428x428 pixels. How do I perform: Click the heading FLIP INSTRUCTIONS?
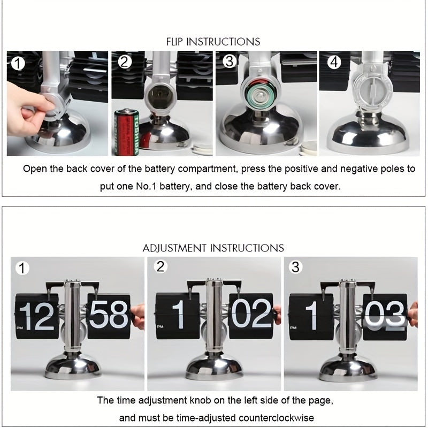[x=213, y=41]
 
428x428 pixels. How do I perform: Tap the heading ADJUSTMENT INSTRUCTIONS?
[x=213, y=248]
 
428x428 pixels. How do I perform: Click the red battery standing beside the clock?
[x=127, y=132]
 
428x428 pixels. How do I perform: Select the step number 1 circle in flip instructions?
[x=18, y=64]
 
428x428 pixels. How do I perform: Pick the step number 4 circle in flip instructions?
[x=334, y=62]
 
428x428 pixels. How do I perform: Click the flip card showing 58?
[x=109, y=316]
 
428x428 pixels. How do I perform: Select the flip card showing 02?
[x=250, y=316]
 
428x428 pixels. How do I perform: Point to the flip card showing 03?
[x=384, y=316]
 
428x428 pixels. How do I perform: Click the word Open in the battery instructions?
[x=34, y=169]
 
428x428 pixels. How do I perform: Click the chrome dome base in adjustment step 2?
[x=213, y=367]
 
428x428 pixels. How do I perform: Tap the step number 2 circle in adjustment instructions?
[x=160, y=266]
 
